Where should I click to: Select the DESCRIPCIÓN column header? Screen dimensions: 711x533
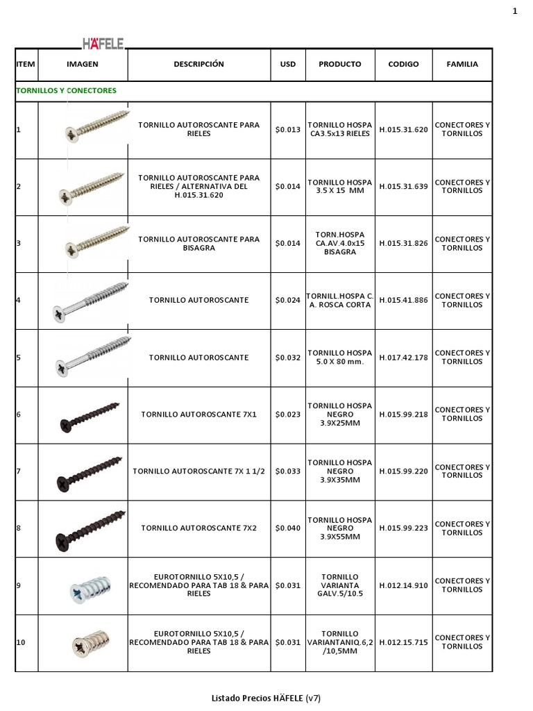click(198, 64)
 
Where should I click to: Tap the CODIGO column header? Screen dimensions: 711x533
click(403, 64)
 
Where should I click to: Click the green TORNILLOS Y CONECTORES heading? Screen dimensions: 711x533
click(66, 90)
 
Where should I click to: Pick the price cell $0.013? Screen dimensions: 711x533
click(287, 129)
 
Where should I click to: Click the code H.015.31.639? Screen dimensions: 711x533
click(403, 186)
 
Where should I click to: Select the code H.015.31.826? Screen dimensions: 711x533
click(403, 243)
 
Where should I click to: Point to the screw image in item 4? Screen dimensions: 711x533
click(91, 301)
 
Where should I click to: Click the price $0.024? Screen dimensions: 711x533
click(287, 301)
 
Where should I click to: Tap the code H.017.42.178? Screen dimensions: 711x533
click(403, 358)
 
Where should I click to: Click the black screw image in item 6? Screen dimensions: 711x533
click(90, 415)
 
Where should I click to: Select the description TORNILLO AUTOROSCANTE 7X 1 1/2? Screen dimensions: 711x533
click(198, 471)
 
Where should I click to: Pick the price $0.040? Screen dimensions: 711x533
click(287, 528)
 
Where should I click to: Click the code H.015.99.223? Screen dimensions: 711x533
click(403, 528)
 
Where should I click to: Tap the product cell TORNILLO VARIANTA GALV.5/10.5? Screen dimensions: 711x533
click(340, 585)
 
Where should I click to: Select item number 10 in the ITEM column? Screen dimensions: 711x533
click(21, 642)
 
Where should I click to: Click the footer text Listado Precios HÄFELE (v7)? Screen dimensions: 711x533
click(266, 697)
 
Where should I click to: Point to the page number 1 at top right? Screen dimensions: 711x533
click(515, 10)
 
